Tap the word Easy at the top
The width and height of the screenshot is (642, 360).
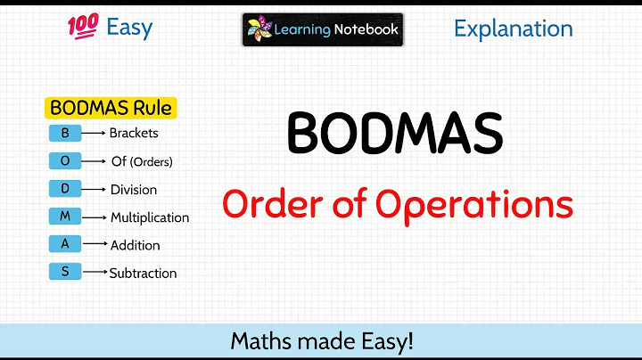pyautogui.click(x=129, y=28)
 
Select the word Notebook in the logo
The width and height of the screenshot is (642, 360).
pyautogui.click(x=366, y=29)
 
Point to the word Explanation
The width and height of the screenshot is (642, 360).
pyautogui.click(x=513, y=29)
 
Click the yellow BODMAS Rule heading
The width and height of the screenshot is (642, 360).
pyautogui.click(x=111, y=109)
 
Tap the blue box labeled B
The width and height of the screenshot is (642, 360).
pyautogui.click(x=65, y=134)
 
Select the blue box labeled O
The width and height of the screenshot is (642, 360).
pyautogui.click(x=65, y=161)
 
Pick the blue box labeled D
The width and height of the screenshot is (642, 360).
pyautogui.click(x=65, y=189)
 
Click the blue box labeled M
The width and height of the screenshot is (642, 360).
pyautogui.click(x=65, y=217)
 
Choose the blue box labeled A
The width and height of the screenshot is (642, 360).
pyautogui.click(x=65, y=244)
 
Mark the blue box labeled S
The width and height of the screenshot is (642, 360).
pyautogui.click(x=65, y=272)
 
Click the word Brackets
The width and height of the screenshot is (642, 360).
pyautogui.click(x=134, y=134)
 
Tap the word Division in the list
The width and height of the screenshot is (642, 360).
pyautogui.click(x=133, y=190)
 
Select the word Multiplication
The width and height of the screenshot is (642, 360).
pyautogui.click(x=150, y=217)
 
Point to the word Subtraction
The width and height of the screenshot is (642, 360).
pyautogui.click(x=143, y=274)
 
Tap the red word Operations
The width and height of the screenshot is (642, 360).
pyautogui.click(x=473, y=204)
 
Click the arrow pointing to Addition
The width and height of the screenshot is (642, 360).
pyautogui.click(x=95, y=245)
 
